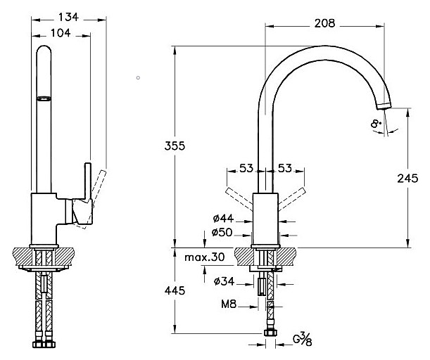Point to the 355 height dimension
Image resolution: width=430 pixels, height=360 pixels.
[x=176, y=147]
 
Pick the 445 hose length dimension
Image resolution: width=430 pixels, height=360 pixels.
[x=176, y=291]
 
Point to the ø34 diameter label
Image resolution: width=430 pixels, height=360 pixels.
[x=223, y=283]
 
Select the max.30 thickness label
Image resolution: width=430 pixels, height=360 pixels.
[x=205, y=257]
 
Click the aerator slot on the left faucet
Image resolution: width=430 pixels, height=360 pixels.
[x=44, y=100]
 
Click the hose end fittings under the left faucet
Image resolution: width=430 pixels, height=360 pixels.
[x=44, y=345]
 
